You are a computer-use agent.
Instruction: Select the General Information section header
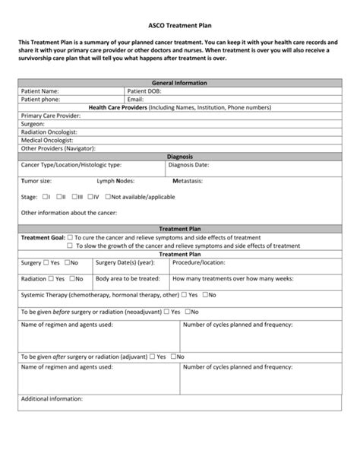[x=180, y=82]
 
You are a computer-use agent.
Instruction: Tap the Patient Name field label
[x=40, y=90]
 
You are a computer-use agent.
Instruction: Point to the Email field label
[x=136, y=99]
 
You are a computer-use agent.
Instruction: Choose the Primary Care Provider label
[x=52, y=116]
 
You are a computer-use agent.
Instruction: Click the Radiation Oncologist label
[x=49, y=132]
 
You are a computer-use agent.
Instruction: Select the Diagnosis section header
[x=180, y=156]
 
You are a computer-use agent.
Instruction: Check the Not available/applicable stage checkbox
[x=107, y=196]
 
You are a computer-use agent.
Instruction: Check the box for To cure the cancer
[x=70, y=237]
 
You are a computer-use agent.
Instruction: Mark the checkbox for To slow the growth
[x=70, y=246]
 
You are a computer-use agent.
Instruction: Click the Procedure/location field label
[x=199, y=262]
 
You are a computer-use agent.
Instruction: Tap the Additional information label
[x=52, y=398]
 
